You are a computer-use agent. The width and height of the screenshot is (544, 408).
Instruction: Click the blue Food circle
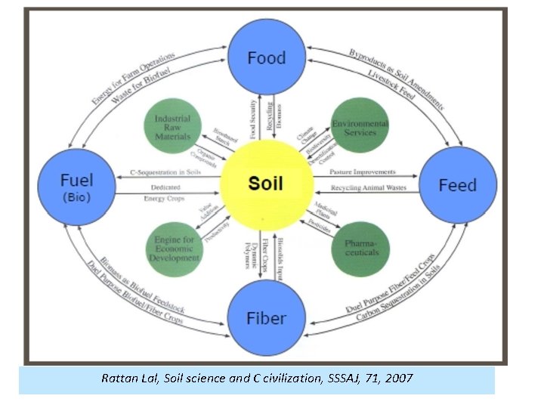(x=266, y=57)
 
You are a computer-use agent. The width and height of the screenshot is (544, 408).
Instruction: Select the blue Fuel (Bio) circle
(x=76, y=185)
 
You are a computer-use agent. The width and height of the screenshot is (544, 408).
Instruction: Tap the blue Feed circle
(x=457, y=185)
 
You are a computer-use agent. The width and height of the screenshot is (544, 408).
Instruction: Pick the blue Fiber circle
(x=266, y=317)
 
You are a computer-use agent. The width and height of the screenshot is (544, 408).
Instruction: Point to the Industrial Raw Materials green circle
(x=172, y=128)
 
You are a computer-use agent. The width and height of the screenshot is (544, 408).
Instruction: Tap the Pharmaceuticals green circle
(x=360, y=246)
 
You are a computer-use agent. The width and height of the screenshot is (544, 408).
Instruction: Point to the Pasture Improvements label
(x=362, y=173)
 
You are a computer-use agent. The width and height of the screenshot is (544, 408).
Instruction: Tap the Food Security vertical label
(x=253, y=120)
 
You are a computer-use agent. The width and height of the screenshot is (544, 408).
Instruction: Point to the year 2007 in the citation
(x=398, y=378)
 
